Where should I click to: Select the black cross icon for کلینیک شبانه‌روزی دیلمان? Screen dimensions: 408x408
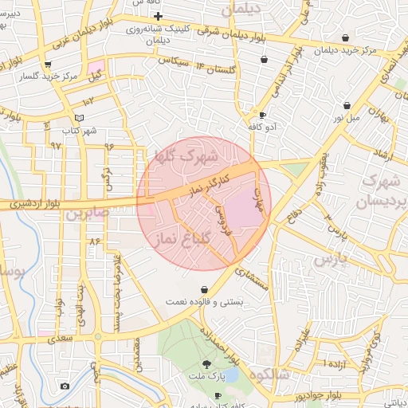(x=158, y=17)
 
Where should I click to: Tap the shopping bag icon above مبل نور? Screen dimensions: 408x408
(x=347, y=105)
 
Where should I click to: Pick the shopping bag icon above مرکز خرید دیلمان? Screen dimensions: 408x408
(x=345, y=37)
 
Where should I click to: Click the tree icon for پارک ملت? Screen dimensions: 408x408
(x=207, y=363)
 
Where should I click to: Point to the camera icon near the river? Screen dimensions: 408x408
(x=65, y=386)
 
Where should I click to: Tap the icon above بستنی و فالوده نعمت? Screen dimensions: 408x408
(x=206, y=289)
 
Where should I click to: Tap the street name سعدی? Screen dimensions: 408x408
(x=61, y=338)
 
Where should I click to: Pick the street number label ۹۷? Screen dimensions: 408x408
(x=55, y=146)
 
